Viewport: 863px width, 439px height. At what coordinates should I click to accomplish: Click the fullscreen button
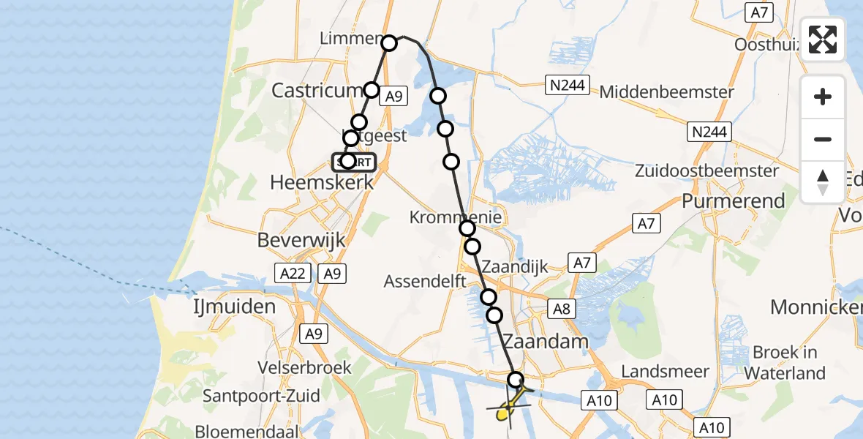click(823, 40)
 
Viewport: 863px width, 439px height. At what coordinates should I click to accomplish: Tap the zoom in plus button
click(823, 97)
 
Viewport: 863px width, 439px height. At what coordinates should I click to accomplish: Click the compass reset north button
click(823, 182)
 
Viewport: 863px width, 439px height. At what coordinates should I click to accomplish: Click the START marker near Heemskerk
click(355, 162)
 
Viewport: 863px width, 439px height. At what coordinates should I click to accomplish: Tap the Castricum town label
click(317, 90)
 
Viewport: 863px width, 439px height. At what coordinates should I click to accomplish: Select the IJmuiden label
click(234, 305)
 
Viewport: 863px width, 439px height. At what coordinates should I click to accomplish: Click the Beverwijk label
click(301, 239)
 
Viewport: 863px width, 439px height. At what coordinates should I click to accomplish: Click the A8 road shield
click(562, 309)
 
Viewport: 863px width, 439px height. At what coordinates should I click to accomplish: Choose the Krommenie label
click(456, 217)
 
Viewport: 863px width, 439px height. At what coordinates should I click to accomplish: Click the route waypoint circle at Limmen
click(389, 42)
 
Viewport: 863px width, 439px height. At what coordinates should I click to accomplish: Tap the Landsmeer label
click(661, 372)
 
